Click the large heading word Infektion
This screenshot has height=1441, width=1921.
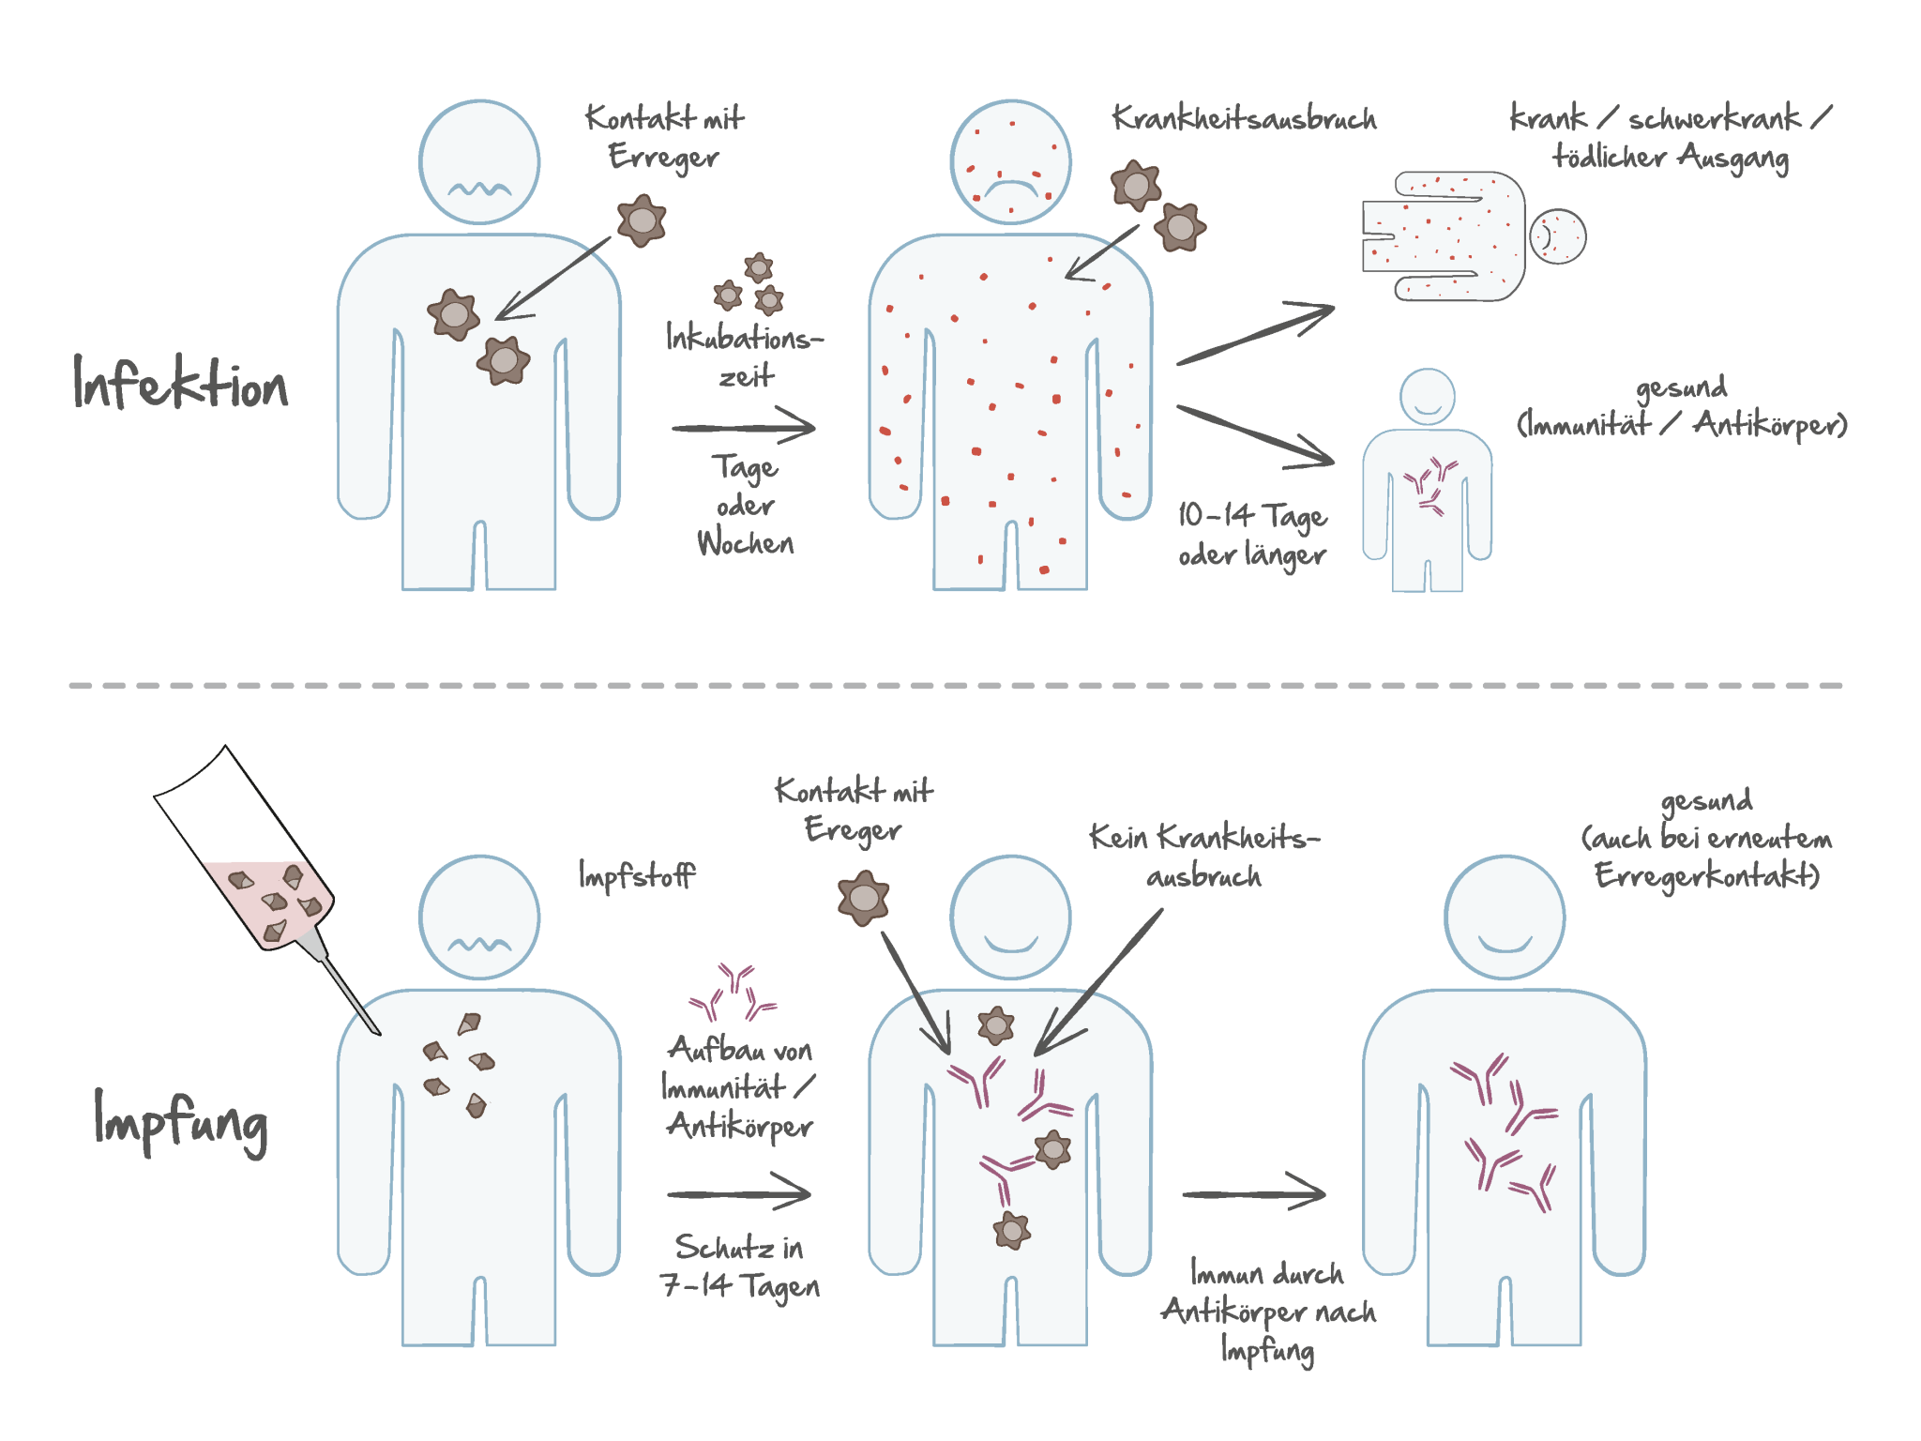pyautogui.click(x=180, y=384)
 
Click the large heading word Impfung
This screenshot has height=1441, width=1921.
pyautogui.click(x=180, y=1121)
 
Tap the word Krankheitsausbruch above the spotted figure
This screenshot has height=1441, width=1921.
pyautogui.click(x=1244, y=119)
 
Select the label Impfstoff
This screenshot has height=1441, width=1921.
pyautogui.click(x=637, y=875)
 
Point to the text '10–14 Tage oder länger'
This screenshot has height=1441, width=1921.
pyautogui.click(x=1251, y=535)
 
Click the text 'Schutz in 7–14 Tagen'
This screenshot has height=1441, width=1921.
pyautogui.click(x=739, y=1267)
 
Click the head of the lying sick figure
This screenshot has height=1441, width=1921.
pyautogui.click(x=1557, y=235)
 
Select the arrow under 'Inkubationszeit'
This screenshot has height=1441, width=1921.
pyautogui.click(x=743, y=428)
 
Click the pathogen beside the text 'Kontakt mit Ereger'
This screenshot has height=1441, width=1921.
pyautogui.click(x=863, y=898)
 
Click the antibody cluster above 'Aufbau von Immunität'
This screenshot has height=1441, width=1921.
pyautogui.click(x=734, y=993)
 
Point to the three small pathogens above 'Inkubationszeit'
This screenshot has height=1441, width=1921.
pyautogui.click(x=749, y=283)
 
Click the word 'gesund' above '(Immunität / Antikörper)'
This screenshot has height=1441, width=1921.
pyautogui.click(x=1681, y=387)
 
